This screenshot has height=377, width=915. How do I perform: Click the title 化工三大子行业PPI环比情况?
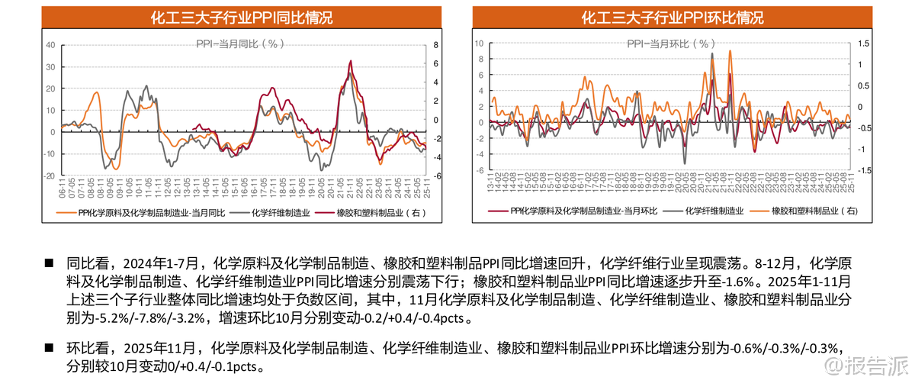pos(671,18)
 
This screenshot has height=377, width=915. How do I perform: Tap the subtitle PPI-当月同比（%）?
pos(239,43)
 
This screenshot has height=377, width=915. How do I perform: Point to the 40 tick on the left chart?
pos(51,44)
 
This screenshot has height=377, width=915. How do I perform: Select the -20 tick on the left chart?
pos(50,176)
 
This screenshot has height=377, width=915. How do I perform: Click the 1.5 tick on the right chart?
pos(862,44)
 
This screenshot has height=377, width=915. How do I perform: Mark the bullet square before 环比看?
pos(50,349)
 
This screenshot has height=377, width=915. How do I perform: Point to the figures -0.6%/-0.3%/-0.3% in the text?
pos(785,349)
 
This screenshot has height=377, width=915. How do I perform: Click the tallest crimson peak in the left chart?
pos(350,61)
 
